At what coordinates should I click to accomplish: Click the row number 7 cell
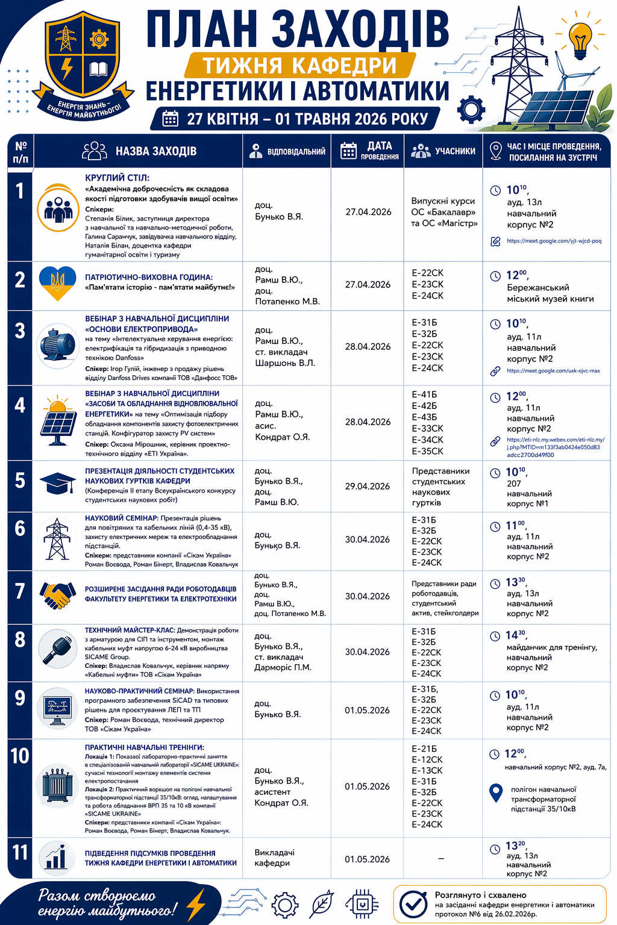(20, 592)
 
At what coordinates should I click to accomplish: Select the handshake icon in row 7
(58, 594)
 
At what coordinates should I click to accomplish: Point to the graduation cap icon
(57, 484)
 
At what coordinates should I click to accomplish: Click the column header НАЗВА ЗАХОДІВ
(155, 151)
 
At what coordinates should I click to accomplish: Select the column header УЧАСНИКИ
(455, 151)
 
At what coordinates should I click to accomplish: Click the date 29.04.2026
(368, 486)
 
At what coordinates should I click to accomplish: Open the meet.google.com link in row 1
(554, 241)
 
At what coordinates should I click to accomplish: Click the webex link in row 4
(555, 447)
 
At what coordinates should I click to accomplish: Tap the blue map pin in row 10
(495, 793)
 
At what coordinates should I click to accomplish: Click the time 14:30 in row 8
(516, 635)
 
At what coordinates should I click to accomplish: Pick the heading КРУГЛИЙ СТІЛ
(117, 178)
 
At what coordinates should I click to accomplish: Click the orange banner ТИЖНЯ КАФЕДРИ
(299, 65)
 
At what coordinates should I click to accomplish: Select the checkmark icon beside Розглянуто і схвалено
(413, 904)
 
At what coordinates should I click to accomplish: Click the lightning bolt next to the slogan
(196, 904)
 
